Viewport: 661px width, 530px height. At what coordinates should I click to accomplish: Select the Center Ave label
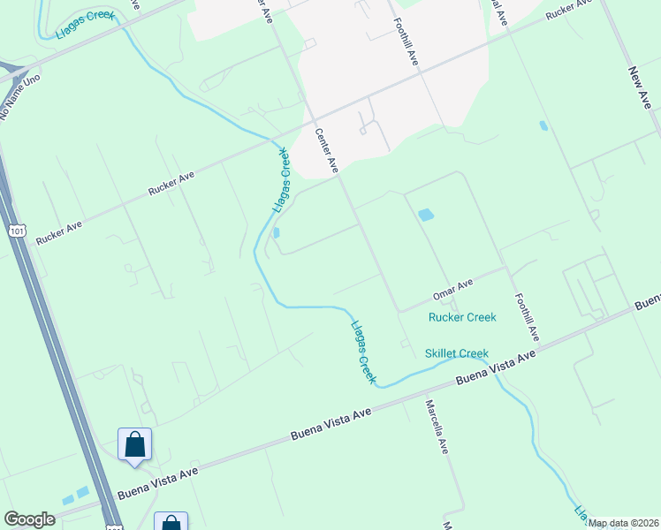327,149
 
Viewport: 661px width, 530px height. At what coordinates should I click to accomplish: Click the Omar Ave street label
452,288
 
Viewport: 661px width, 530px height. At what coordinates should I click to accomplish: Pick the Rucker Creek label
462,317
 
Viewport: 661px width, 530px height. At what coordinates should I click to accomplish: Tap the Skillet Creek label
456,353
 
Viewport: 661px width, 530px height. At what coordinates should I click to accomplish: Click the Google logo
29,519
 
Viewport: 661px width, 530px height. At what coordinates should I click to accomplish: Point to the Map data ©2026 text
623,523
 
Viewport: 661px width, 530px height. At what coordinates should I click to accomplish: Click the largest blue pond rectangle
425,215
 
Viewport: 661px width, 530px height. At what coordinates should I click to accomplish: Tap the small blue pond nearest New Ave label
543,125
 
